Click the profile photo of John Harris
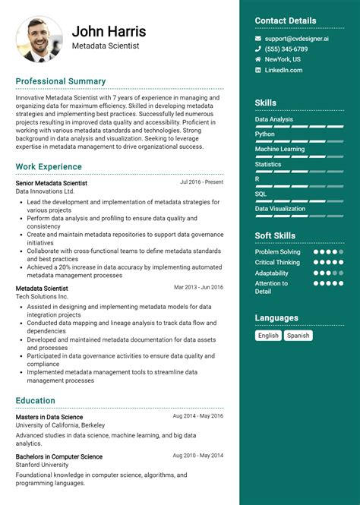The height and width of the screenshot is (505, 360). (39, 39)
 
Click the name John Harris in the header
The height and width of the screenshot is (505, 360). (109, 32)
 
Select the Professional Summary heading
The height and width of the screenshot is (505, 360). (61, 81)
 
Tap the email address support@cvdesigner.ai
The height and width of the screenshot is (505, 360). (297, 38)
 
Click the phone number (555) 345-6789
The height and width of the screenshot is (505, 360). (286, 49)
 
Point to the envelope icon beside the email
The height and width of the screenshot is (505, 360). (258, 38)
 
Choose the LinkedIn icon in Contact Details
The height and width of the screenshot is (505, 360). (258, 70)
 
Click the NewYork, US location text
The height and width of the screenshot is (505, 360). (283, 59)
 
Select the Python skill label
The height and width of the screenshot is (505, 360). (265, 134)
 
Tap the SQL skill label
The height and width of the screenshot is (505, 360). (261, 194)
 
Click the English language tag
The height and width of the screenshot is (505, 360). (268, 335)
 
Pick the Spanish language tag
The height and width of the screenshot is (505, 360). (298, 335)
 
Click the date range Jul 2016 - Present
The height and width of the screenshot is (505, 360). (201, 182)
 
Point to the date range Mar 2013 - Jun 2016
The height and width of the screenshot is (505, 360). (198, 287)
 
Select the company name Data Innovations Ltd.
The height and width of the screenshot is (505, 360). (45, 191)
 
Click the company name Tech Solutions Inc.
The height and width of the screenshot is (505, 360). (43, 296)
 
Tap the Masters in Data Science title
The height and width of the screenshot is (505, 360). (49, 417)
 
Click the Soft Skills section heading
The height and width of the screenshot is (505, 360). (275, 235)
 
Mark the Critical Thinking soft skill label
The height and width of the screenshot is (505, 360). (277, 262)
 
